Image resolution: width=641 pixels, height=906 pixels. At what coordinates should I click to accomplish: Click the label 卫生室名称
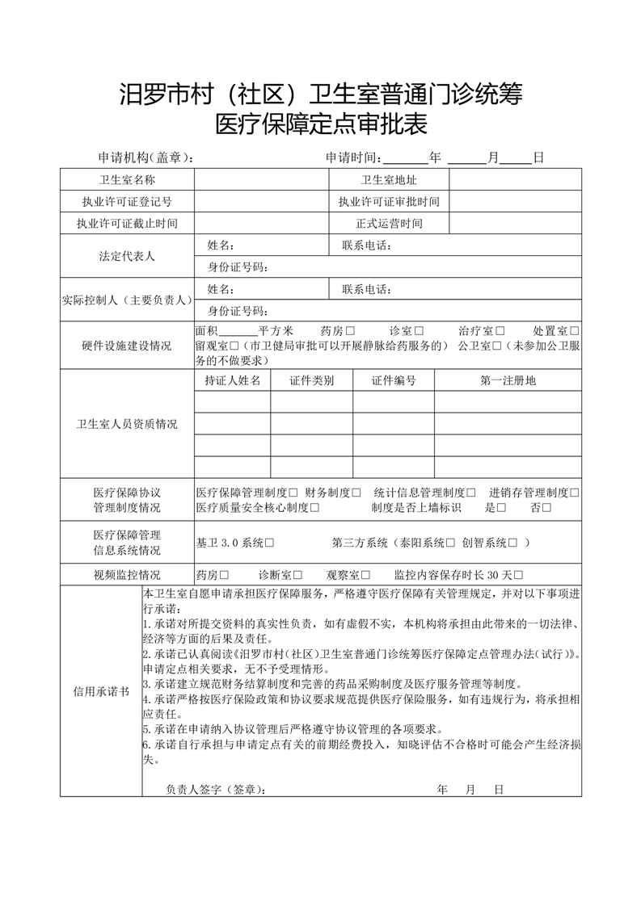tap(127, 179)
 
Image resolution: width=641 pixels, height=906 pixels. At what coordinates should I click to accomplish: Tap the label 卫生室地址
tap(389, 179)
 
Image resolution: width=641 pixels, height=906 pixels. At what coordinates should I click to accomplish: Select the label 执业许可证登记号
tap(127, 201)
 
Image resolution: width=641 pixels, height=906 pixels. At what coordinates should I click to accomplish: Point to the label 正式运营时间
tap(389, 223)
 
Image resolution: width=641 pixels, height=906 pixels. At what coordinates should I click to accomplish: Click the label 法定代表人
tap(127, 256)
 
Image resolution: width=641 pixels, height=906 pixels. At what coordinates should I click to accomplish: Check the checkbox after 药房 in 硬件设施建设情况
tap(350, 331)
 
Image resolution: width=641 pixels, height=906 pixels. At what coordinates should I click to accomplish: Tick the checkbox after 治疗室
tap(500, 331)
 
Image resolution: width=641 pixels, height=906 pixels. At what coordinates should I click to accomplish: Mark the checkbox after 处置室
tap(574, 331)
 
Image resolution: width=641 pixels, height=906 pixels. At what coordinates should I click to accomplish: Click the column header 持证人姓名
tap(233, 380)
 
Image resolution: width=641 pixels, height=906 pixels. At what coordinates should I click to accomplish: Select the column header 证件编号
tap(394, 380)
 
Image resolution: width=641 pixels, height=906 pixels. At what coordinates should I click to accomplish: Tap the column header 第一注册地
tap(508, 380)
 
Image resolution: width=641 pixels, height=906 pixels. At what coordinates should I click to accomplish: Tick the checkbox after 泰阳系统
tap(451, 543)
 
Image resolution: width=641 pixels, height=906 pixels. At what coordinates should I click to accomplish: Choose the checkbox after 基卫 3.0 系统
tap(269, 543)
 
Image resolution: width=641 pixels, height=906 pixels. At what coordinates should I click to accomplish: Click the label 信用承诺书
tap(100, 691)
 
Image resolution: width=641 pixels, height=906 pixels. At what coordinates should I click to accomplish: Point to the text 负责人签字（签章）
tap(214, 789)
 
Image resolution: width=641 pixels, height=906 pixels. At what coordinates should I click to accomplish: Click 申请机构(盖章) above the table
tap(145, 157)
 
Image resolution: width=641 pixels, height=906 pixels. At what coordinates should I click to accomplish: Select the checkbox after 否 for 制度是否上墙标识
tap(547, 507)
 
